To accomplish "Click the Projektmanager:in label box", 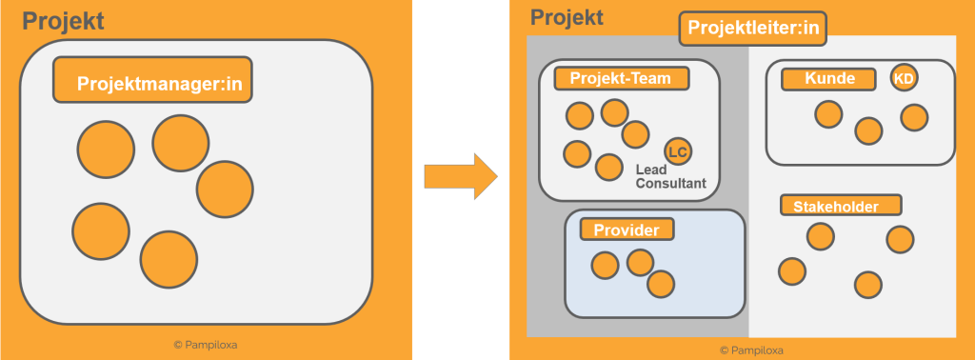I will click(x=153, y=81).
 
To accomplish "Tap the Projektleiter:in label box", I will click(x=752, y=30).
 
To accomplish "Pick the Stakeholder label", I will click(x=842, y=206).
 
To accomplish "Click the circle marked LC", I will click(x=678, y=151).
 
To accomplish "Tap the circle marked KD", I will click(x=903, y=78).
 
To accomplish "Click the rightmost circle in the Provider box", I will click(x=661, y=284).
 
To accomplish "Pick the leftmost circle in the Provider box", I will click(x=605, y=265).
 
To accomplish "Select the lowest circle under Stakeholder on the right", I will click(x=867, y=284).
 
